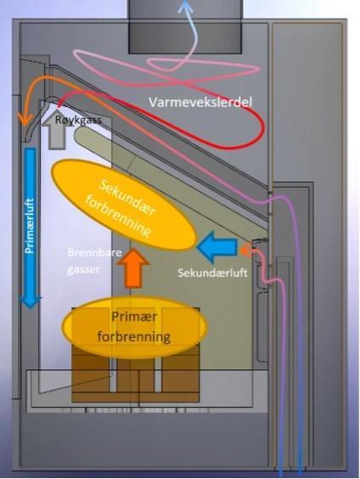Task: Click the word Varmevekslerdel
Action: pos(200,102)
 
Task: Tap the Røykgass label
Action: pos(78,120)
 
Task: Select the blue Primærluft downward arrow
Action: pos(30,228)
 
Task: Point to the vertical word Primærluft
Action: pos(30,226)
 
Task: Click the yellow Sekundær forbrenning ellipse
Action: pos(124,205)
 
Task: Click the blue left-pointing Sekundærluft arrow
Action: pos(217,247)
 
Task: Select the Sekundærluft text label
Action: pos(212,273)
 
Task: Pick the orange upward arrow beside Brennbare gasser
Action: pos(133,268)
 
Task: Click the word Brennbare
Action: pos(94,253)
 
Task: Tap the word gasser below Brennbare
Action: pos(83,270)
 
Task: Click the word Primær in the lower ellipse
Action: pos(134,317)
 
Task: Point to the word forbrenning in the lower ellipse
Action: pos(134,337)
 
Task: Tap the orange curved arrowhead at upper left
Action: pos(25,119)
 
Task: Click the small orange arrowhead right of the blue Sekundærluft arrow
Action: pos(245,251)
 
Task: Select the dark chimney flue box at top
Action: pos(185,27)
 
